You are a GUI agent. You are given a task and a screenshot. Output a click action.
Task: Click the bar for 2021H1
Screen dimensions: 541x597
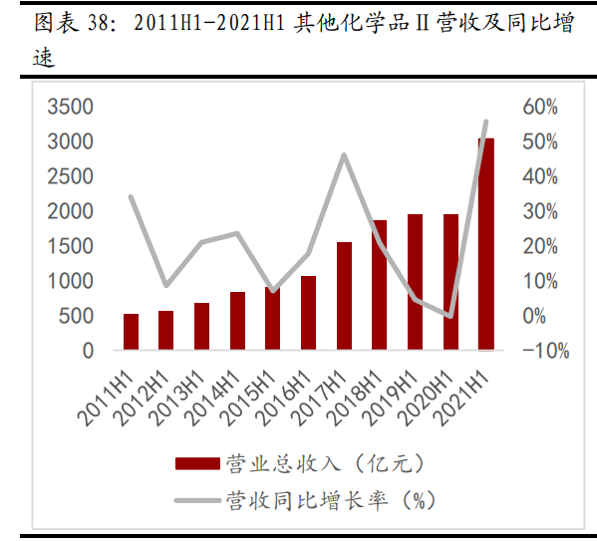pyautogui.click(x=485, y=244)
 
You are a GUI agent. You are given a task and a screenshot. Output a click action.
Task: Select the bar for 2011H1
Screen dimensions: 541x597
pyautogui.click(x=131, y=332)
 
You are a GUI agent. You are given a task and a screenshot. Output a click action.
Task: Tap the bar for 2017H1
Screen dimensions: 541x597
pyautogui.click(x=344, y=296)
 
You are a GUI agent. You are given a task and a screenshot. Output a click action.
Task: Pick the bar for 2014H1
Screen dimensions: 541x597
pyautogui.click(x=237, y=321)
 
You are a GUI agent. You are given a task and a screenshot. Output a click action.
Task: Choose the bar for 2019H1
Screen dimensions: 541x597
pyautogui.click(x=415, y=282)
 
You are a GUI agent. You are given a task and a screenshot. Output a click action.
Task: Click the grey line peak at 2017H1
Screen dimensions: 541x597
pyautogui.click(x=344, y=154)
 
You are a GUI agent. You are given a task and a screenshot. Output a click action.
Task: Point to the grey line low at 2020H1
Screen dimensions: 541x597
pyautogui.click(x=450, y=316)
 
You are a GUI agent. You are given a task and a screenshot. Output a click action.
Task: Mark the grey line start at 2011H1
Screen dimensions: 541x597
pyautogui.click(x=131, y=196)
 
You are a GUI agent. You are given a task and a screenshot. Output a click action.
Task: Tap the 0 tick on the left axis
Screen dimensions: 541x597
pyautogui.click(x=87, y=351)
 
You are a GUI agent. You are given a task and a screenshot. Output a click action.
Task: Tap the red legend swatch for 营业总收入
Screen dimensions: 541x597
pyautogui.click(x=196, y=463)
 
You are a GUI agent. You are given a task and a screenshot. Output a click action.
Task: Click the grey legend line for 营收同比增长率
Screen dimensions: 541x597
pyautogui.click(x=196, y=499)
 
